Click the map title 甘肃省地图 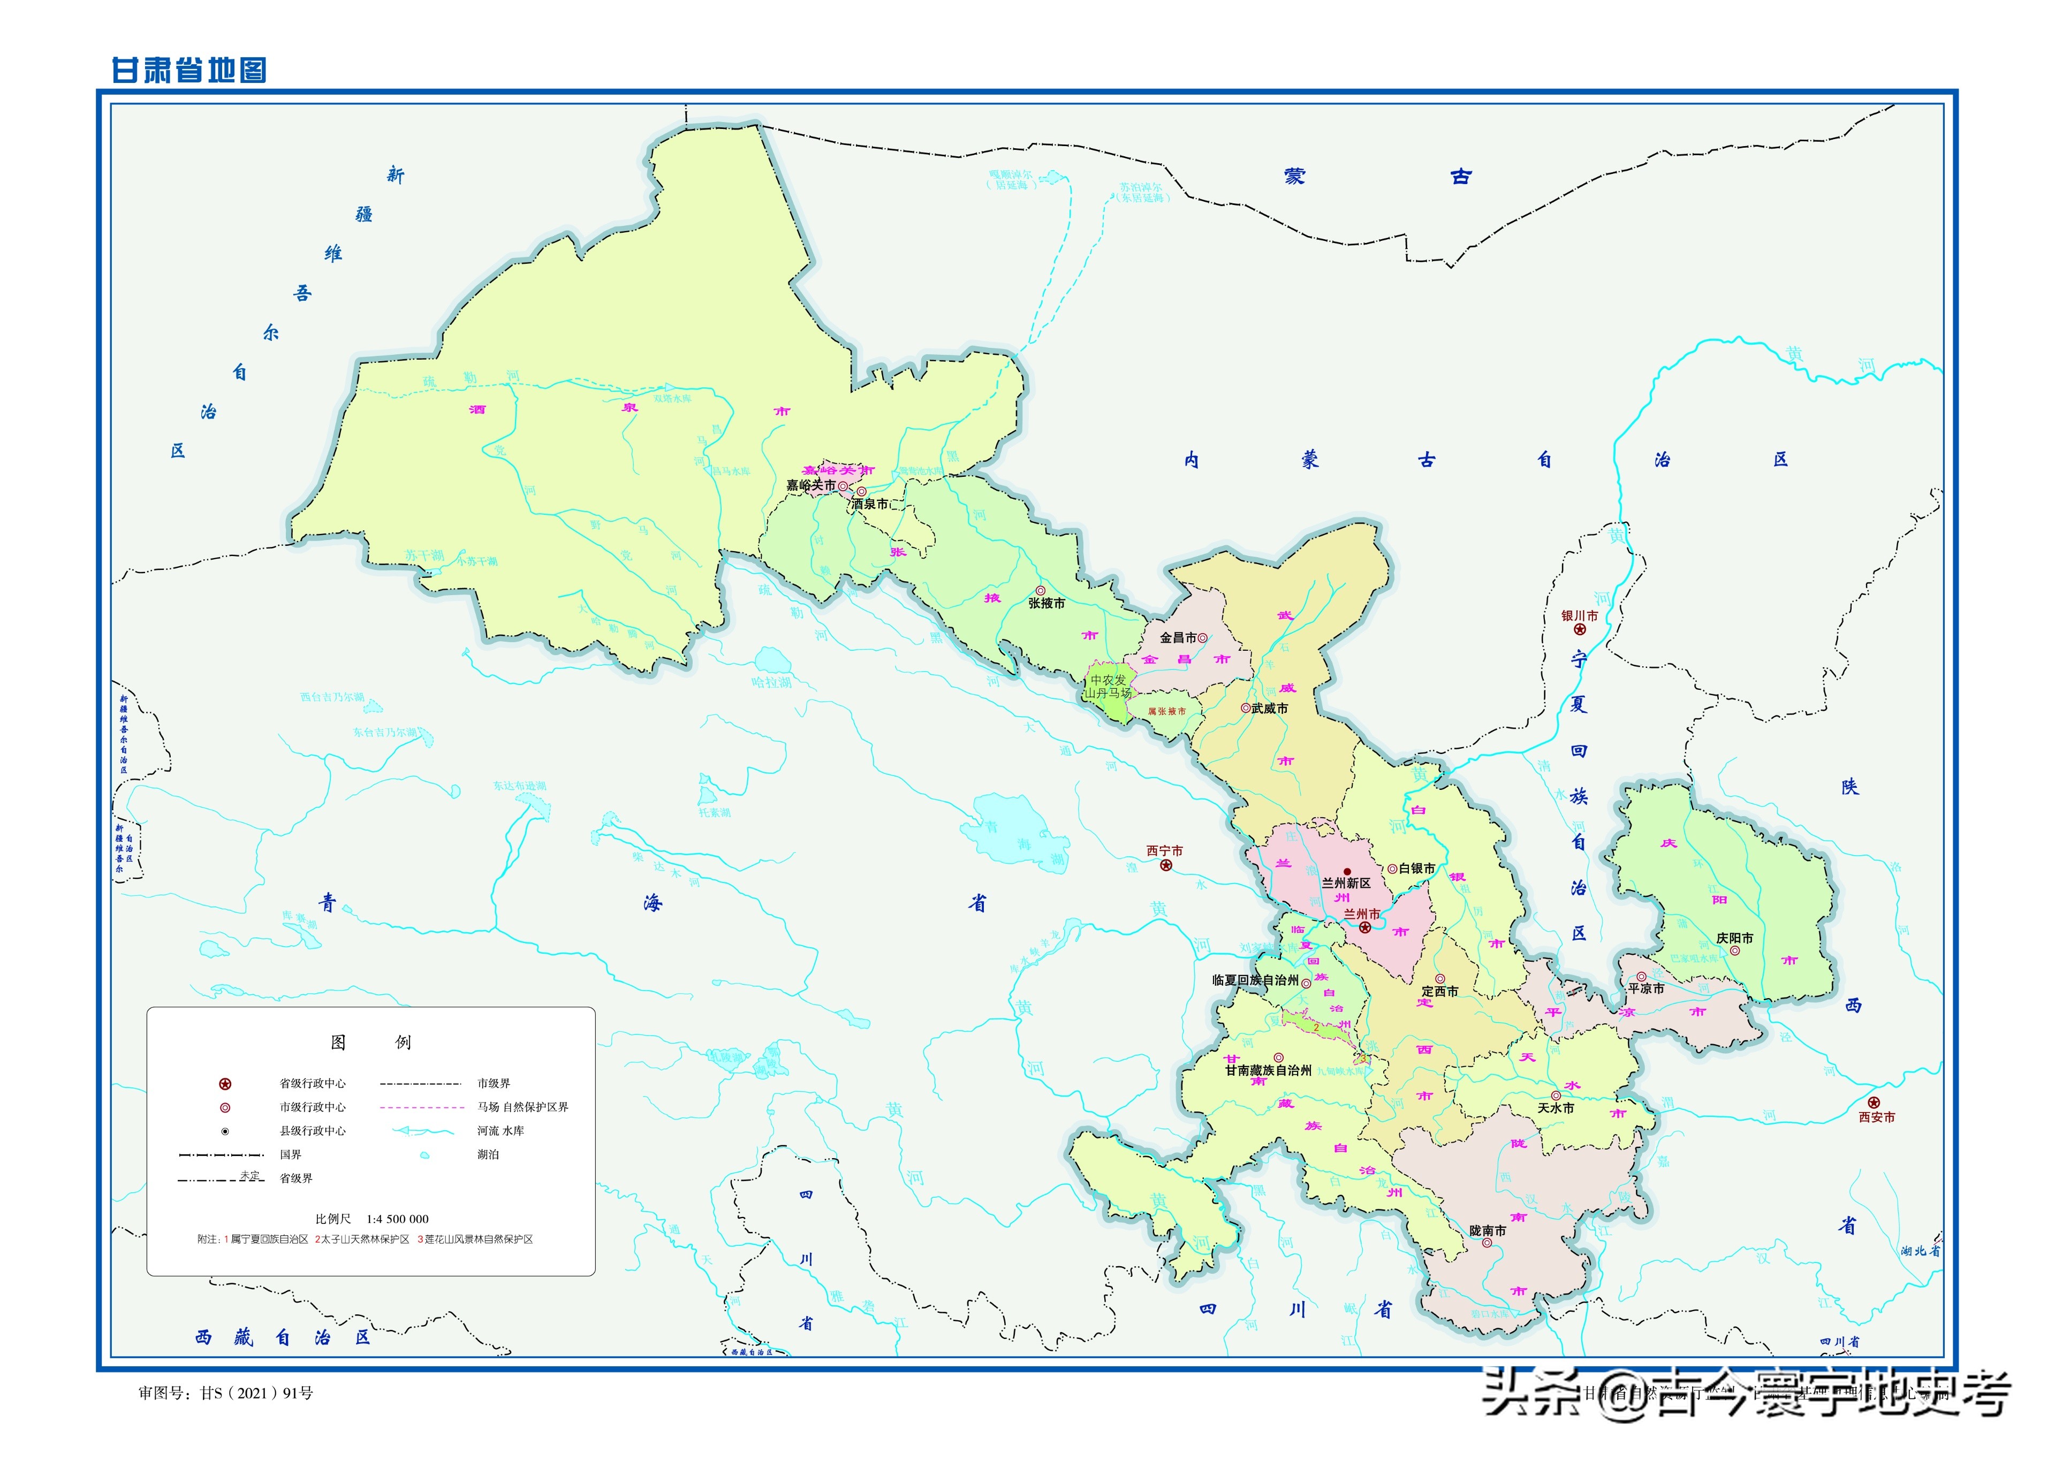(x=189, y=70)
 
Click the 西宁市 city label (x=1164, y=850)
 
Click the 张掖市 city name (x=1047, y=604)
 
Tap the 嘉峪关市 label (x=810, y=485)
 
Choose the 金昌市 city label (x=1178, y=637)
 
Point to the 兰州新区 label (x=1346, y=884)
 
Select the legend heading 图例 (x=370, y=1042)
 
